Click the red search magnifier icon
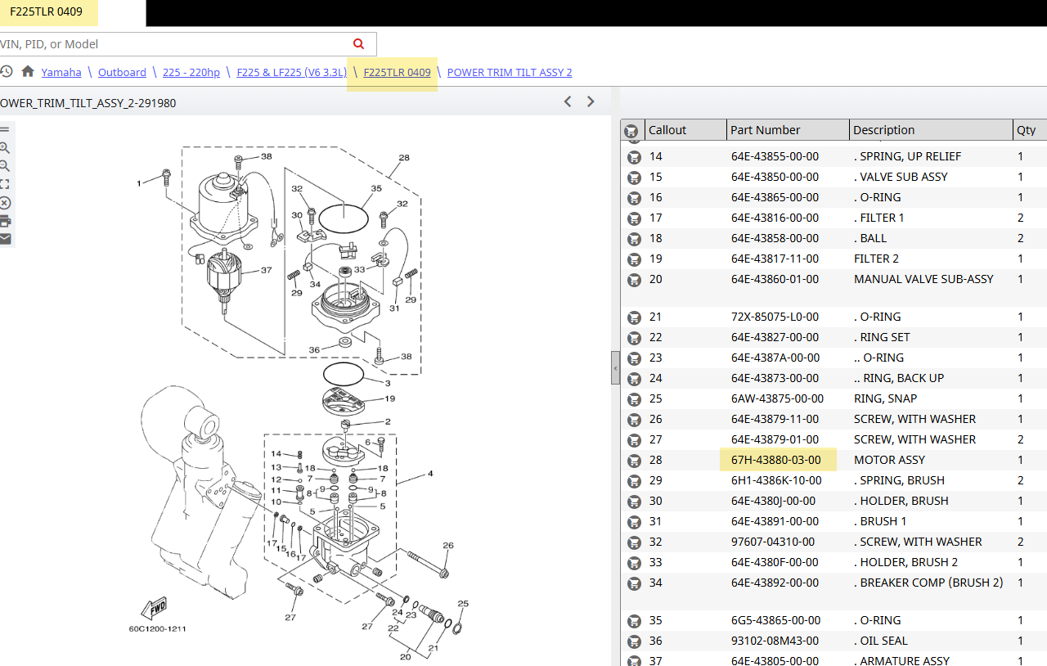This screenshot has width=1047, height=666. pos(358,44)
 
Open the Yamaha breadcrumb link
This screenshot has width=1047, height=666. pos(61,73)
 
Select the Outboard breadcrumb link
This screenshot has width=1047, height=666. pos(122,73)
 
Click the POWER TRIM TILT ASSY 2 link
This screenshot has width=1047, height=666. pos(510,73)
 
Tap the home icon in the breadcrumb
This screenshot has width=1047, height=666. pos(28,71)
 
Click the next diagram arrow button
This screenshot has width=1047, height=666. pos(591,101)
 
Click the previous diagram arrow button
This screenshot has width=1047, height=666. pos(568,101)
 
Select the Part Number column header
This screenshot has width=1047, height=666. pos(765,130)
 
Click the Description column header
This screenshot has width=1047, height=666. pos(884,130)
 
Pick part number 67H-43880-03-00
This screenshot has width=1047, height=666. pos(776,460)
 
